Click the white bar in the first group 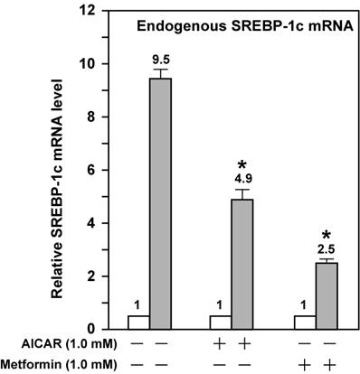pos(138,322)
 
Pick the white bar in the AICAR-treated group pos(218,322)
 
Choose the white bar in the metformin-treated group pos(298,322)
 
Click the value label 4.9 pos(242,179)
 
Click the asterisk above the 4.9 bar pos(242,164)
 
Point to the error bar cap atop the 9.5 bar pos(161,70)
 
